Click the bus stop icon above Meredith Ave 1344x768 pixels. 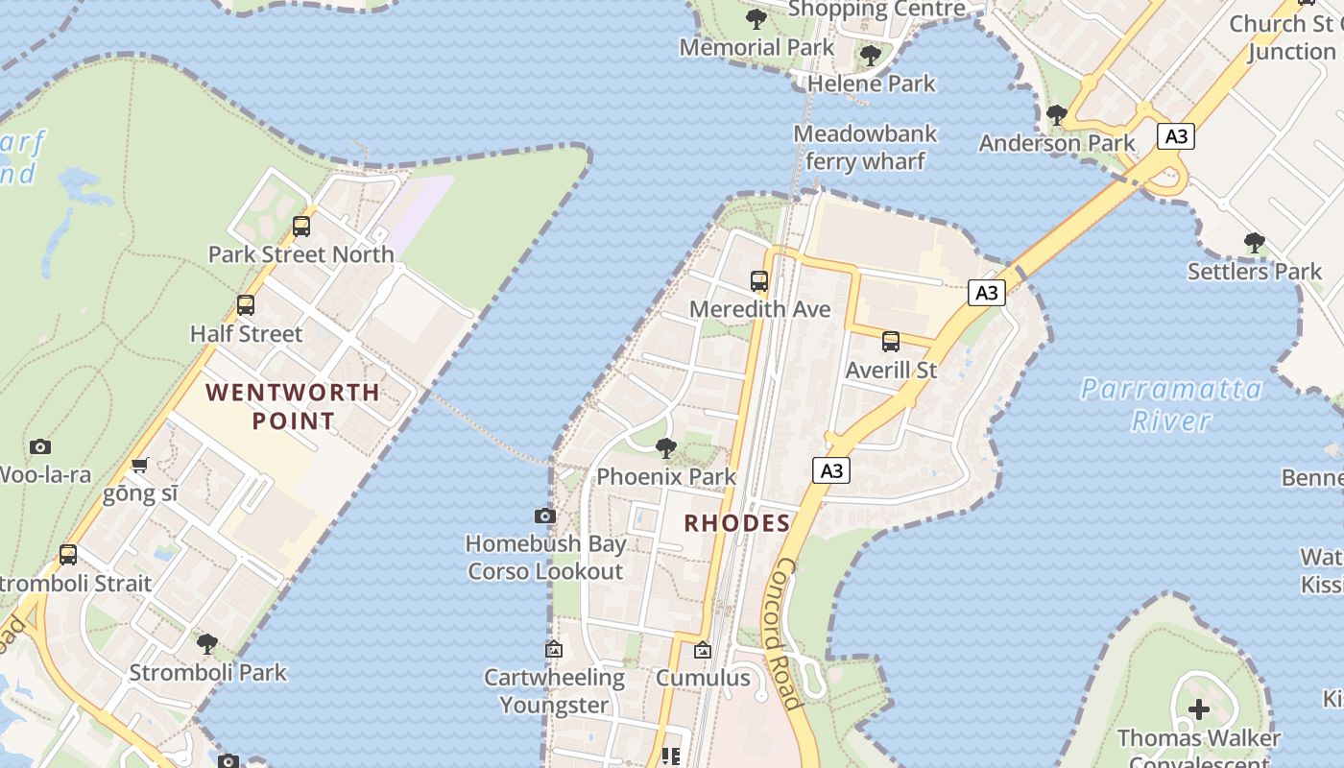coord(759,281)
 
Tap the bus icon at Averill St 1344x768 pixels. coord(891,342)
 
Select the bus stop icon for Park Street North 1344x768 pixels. coord(301,227)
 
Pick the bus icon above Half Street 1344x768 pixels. coord(246,305)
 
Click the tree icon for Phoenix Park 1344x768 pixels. coord(665,448)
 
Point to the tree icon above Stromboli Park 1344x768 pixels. coord(207,644)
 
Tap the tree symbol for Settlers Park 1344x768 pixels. coord(1254,243)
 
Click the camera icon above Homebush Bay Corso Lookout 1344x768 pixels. coord(544,516)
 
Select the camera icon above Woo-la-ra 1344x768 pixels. coord(40,446)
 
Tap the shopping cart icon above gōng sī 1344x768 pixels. coord(140,466)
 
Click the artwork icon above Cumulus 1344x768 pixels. coord(703,650)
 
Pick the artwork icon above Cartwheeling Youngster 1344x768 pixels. coord(554,649)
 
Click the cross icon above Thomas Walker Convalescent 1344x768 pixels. coord(1198,709)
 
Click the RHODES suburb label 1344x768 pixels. coord(737,523)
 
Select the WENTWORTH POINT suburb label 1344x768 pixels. coord(293,406)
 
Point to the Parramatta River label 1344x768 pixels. coord(1171,404)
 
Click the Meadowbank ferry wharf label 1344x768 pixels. coord(864,147)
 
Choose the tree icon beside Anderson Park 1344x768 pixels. coord(1057,115)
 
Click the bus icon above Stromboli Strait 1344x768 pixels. coord(68,554)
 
